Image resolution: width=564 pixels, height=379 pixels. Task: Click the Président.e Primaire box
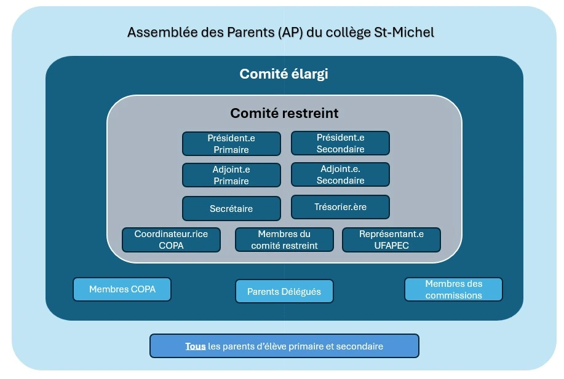(231, 144)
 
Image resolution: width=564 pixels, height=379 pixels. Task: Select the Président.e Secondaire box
(340, 143)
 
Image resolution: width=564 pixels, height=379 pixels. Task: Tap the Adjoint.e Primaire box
(231, 175)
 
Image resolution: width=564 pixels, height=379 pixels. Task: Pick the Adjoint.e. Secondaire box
(340, 174)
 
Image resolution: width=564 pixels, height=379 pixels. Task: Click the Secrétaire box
(231, 208)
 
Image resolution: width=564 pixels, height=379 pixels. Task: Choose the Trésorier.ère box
(340, 207)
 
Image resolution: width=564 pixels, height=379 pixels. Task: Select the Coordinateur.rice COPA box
(171, 240)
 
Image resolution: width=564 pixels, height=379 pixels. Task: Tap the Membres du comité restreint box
(284, 240)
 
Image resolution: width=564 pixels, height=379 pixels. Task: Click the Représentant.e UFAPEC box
(391, 240)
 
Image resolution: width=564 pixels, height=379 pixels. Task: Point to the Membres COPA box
(122, 289)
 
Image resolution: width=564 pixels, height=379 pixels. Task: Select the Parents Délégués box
(284, 291)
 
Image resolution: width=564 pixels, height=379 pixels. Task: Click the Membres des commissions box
(453, 289)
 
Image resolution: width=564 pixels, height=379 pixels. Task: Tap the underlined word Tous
(196, 346)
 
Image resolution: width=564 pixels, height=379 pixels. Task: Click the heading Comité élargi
(284, 74)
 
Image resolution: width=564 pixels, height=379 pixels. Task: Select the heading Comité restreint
(284, 113)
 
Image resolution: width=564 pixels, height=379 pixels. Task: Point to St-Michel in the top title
(404, 32)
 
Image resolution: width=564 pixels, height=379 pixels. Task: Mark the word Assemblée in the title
(156, 32)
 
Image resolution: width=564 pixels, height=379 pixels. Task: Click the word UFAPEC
(392, 245)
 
